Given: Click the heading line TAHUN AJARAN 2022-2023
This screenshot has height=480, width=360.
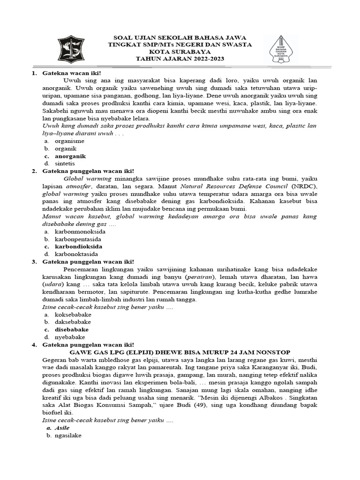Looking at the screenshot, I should pos(180,59).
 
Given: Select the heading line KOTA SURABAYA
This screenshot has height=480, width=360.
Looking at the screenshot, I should pos(180,52).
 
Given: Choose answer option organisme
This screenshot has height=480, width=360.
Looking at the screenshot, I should pos(69,141).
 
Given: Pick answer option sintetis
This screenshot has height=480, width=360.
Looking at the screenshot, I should pos(65,163).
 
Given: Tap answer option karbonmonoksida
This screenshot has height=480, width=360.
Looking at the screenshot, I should pos(80,231).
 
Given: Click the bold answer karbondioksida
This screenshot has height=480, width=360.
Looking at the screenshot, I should pos(78,246).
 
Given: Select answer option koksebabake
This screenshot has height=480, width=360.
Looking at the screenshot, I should pos(73,314).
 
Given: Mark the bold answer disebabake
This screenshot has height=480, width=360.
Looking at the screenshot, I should pos(72,329).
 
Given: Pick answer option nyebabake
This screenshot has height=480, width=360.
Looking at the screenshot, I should pos(70,337).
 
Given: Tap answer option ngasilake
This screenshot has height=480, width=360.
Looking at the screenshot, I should pos(68,435).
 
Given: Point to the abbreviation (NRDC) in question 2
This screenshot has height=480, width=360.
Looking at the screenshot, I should pos(304,186).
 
